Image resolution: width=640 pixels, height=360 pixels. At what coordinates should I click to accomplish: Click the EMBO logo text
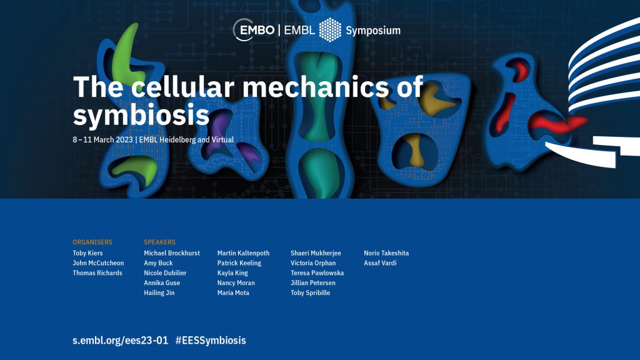[x=257, y=30]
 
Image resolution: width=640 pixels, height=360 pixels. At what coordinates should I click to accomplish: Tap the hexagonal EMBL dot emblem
[x=330, y=30]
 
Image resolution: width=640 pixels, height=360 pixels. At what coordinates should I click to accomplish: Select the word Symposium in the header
[x=373, y=31]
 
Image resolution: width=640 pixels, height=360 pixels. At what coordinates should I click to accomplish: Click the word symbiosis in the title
[x=141, y=116]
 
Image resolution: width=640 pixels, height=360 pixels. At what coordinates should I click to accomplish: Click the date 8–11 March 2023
[x=103, y=139]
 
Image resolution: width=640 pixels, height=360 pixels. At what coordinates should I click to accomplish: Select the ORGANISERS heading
[x=92, y=242]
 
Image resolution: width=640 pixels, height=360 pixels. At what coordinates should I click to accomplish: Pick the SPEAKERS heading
[x=159, y=242]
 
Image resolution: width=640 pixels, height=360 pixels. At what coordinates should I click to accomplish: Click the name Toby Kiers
[x=87, y=253]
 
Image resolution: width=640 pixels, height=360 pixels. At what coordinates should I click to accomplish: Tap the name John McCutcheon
[x=98, y=263]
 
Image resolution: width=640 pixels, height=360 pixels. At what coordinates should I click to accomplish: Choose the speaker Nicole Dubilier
[x=165, y=272]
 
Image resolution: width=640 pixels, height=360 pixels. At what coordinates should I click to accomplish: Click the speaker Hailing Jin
[x=159, y=292]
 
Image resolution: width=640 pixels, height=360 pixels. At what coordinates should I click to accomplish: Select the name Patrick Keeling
[x=239, y=263]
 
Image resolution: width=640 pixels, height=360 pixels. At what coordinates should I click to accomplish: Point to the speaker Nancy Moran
[x=236, y=283]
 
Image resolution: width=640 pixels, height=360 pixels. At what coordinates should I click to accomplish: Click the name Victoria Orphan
[x=313, y=263]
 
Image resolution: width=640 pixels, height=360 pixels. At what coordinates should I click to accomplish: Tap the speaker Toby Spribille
[x=310, y=292]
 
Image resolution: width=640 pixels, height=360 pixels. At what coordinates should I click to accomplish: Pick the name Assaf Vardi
[x=380, y=263]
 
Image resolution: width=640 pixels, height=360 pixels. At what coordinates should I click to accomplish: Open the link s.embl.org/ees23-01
[x=121, y=341]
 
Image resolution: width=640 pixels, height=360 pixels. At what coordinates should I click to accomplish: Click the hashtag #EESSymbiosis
[x=211, y=341]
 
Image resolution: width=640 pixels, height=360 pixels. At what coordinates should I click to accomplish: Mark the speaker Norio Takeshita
[x=386, y=253]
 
